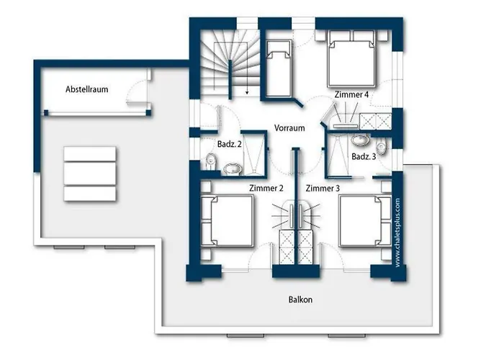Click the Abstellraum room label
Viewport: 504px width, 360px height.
pyautogui.click(x=88, y=90)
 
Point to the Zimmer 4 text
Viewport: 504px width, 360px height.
pyautogui.click(x=352, y=95)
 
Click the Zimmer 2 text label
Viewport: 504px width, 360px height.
pyautogui.click(x=266, y=188)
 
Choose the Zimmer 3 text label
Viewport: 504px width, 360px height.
pyautogui.click(x=323, y=188)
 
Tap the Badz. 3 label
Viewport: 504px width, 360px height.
pyautogui.click(x=364, y=156)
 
